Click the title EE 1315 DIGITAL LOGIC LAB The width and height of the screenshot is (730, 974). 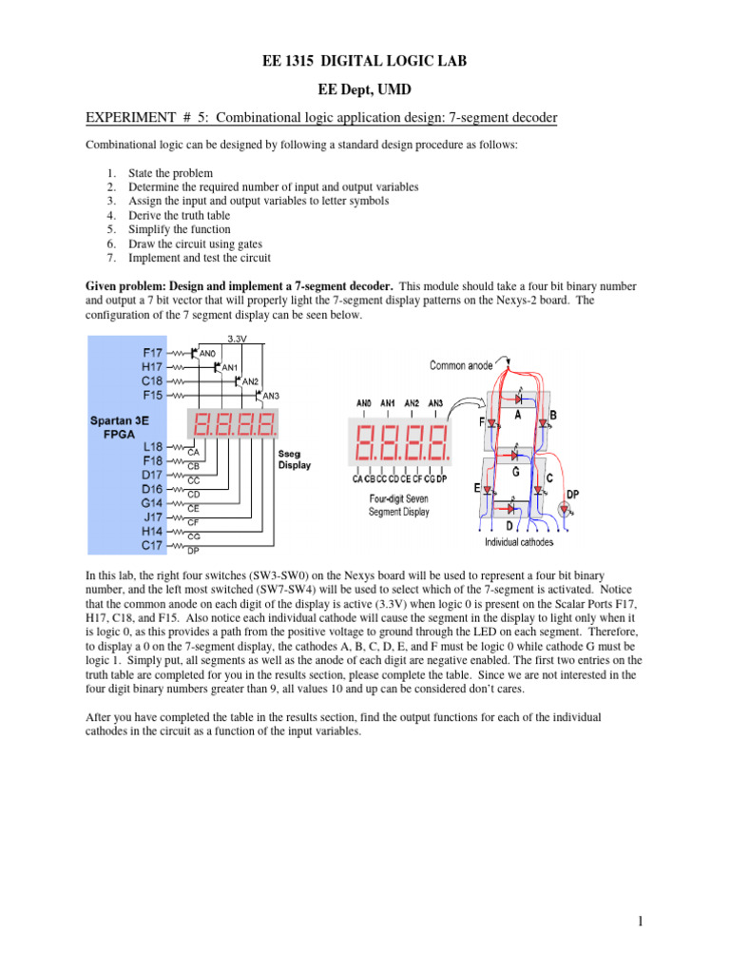(364, 62)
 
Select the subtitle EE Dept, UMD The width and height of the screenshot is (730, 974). (364, 90)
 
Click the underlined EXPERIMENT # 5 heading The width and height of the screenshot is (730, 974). (321, 118)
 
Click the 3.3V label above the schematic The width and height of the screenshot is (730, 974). (238, 339)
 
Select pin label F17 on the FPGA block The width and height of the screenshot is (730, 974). (151, 353)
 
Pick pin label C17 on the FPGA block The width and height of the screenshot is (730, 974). (151, 545)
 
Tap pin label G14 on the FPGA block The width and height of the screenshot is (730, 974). (151, 502)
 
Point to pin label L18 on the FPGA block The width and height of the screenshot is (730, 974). (151, 445)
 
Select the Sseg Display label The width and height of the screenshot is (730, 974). (294, 459)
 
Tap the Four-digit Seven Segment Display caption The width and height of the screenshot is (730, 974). (398, 504)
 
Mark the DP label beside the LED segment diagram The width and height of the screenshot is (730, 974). (572, 494)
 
